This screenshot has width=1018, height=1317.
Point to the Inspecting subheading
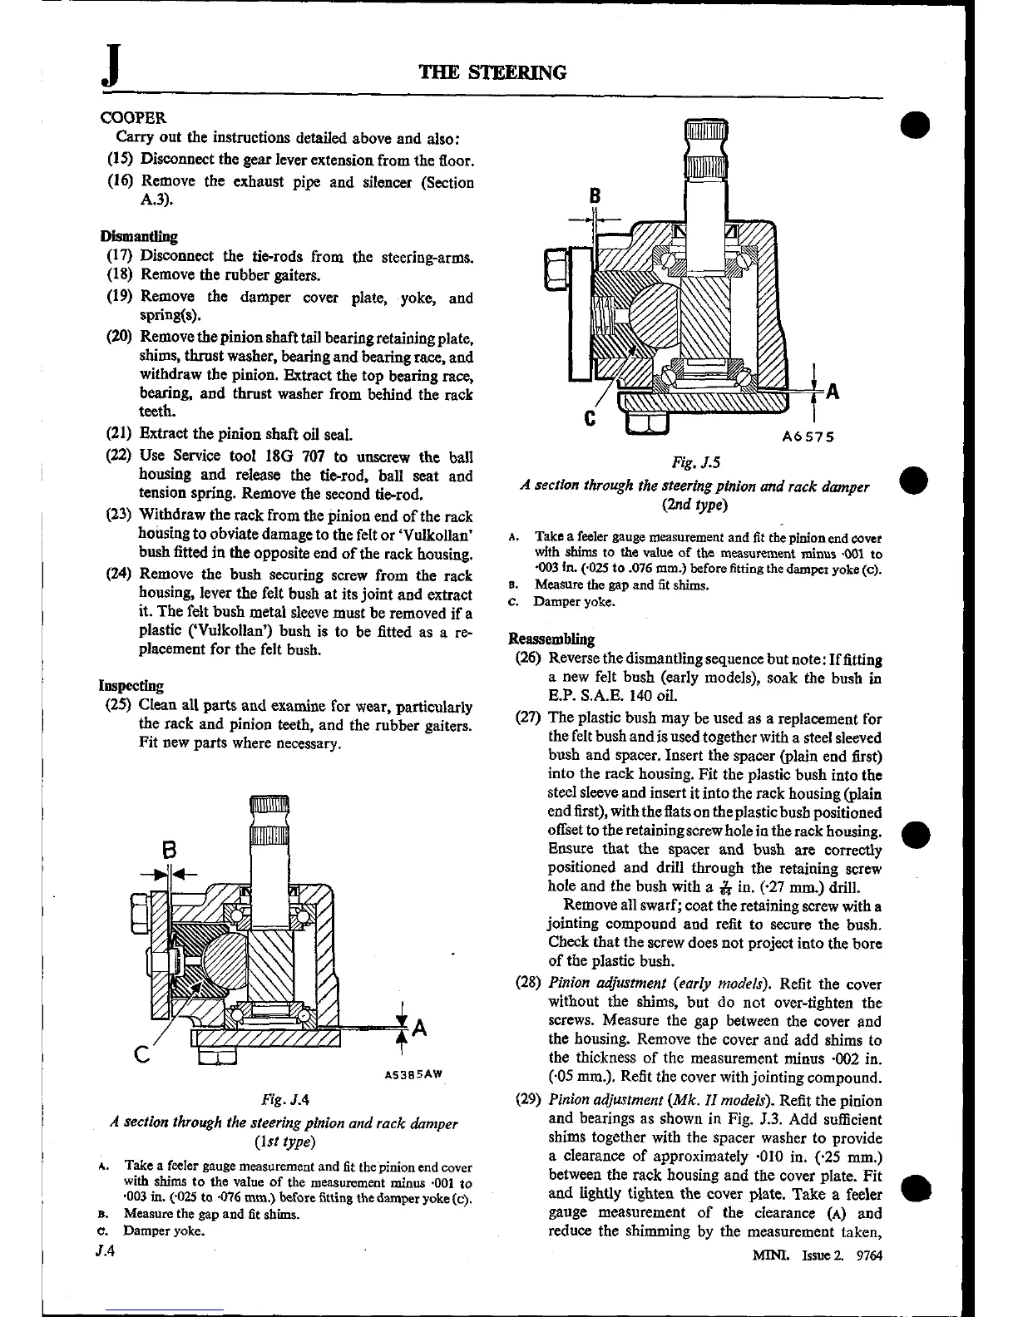coord(131,686)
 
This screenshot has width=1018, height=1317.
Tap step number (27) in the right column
coord(528,718)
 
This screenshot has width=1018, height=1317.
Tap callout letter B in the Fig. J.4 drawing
coord(169,851)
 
